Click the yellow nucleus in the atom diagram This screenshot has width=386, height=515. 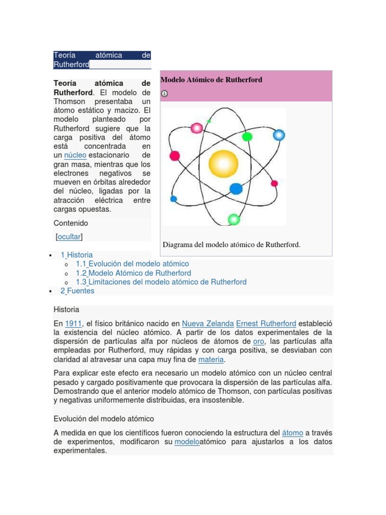click(223, 164)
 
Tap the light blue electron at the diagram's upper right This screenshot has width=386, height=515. click(278, 135)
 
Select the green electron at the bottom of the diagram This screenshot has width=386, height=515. click(234, 219)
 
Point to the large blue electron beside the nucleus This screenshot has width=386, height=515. click(236, 189)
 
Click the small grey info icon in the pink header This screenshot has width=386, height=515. click(164, 94)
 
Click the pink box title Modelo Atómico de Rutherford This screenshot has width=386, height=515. click(211, 79)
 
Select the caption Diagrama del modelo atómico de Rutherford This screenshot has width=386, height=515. click(231, 244)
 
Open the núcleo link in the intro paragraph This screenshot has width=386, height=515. click(75, 155)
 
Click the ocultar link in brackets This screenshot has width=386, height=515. click(69, 236)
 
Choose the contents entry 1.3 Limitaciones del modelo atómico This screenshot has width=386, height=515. click(161, 282)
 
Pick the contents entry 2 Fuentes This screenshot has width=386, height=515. click(77, 291)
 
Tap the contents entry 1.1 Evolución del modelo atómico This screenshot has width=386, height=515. click(132, 264)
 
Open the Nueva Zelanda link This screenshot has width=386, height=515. click(208, 323)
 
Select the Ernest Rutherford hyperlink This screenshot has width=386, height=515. click(266, 323)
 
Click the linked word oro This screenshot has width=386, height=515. click(258, 341)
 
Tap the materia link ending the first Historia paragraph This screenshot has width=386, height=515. click(211, 360)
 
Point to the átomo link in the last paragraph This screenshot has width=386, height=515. click(293, 433)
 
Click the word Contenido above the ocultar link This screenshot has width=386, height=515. click(71, 223)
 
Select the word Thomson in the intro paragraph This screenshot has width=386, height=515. click(70, 102)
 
